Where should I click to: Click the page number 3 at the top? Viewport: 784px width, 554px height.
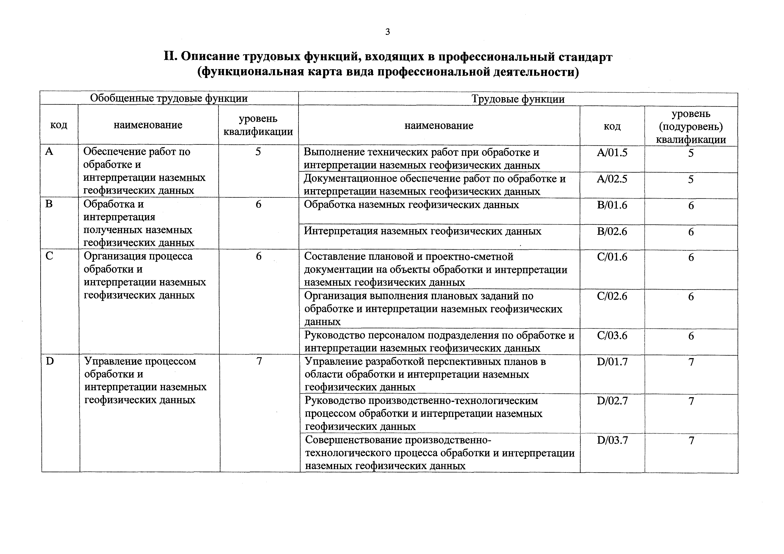[x=388, y=32]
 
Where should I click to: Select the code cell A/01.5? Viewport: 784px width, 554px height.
[x=612, y=153]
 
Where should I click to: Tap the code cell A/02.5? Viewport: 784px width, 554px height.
[x=612, y=179]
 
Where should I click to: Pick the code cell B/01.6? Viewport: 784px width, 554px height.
[x=612, y=205]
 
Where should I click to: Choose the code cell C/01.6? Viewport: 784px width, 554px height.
[x=612, y=257]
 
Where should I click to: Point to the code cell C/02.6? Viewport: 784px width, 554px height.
[x=612, y=296]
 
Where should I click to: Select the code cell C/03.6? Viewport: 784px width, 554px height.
[x=612, y=336]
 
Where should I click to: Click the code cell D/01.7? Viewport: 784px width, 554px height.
[x=612, y=361]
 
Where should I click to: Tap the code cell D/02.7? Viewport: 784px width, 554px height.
[x=612, y=401]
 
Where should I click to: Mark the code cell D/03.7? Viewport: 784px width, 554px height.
[x=612, y=440]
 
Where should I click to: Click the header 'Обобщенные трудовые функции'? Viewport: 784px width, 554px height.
[x=169, y=98]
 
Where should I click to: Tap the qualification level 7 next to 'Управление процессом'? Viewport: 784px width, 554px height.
[x=259, y=361]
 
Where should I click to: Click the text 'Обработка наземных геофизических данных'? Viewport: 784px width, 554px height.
[x=411, y=205]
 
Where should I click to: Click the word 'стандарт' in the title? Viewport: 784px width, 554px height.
[x=585, y=57]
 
